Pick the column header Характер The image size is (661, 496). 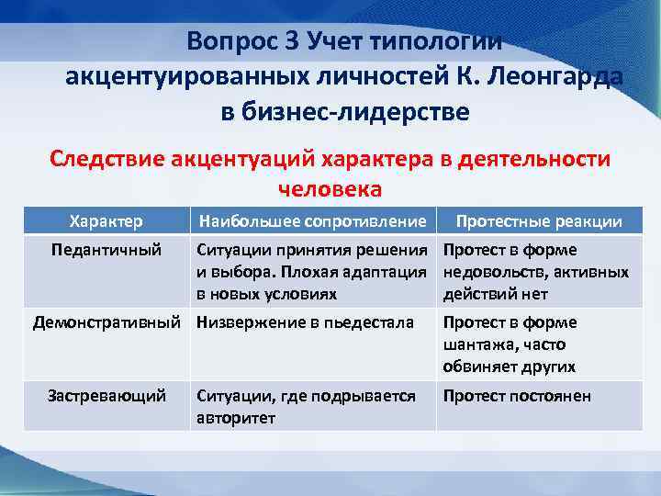(x=106, y=221)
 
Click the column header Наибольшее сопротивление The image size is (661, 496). (x=311, y=221)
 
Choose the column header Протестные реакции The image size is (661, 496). (x=539, y=221)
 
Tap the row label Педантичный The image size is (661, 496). (x=106, y=250)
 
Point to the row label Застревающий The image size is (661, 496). (x=106, y=396)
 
